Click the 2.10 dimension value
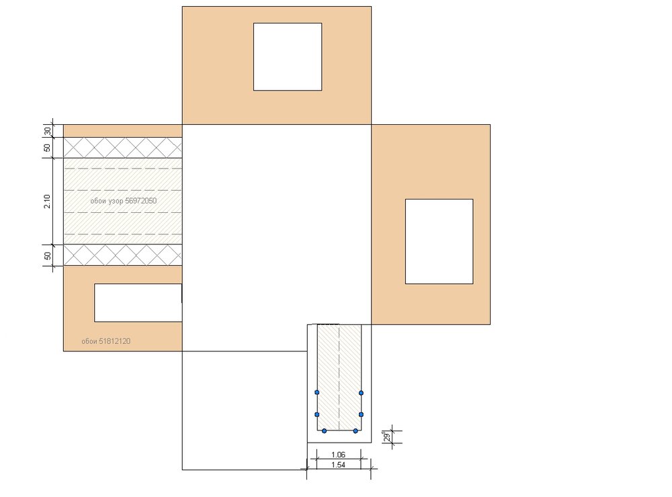pyautogui.click(x=47, y=201)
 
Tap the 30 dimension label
pyautogui.click(x=47, y=131)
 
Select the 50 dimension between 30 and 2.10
pyautogui.click(x=47, y=147)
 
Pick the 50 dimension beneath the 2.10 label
pyautogui.click(x=47, y=255)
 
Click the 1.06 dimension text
pyautogui.click(x=338, y=455)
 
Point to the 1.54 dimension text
pyautogui.click(x=338, y=465)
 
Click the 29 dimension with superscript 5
pyautogui.click(x=387, y=437)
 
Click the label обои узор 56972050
pyautogui.click(x=124, y=201)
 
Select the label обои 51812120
pyautogui.click(x=106, y=341)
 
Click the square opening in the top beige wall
pyautogui.click(x=288, y=57)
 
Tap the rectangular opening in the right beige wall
pyautogui.click(x=439, y=241)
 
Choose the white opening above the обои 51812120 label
pyautogui.click(x=138, y=302)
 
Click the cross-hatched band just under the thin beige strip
pyautogui.click(x=123, y=147)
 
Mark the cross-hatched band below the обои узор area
pyautogui.click(x=123, y=255)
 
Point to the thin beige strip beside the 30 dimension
pyautogui.click(x=123, y=131)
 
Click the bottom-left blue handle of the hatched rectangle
pyautogui.click(x=324, y=431)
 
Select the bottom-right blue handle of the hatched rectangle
pyautogui.click(x=355, y=431)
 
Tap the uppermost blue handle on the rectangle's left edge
pyautogui.click(x=317, y=392)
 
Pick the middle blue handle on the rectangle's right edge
pyautogui.click(x=361, y=414)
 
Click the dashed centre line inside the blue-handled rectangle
pyautogui.click(x=339, y=377)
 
